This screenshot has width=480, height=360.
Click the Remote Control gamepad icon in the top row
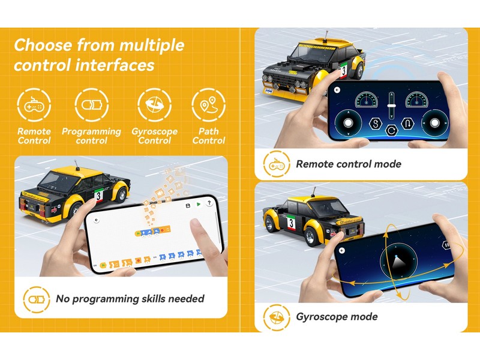point(34,105)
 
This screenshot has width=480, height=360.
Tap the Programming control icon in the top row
point(91,105)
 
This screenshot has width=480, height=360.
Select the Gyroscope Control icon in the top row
point(154,105)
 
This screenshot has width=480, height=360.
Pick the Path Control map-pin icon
point(208,105)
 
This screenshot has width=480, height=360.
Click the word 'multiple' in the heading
point(152,46)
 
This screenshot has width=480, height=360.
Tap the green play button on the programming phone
point(199,204)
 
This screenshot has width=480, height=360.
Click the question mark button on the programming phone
point(209,203)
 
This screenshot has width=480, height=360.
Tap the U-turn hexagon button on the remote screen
point(407,124)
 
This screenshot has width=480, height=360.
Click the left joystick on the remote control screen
point(348,123)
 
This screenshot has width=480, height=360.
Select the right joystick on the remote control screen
point(434,123)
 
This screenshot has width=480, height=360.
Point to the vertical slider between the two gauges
point(392,106)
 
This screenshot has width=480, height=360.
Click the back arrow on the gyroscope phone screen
point(341,251)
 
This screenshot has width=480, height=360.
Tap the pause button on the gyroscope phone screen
point(446,245)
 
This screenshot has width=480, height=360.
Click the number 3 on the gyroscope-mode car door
point(290,223)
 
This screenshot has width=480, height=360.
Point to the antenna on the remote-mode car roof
point(327,36)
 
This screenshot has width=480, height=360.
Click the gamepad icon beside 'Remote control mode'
point(277,164)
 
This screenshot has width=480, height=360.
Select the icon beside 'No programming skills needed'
point(37,299)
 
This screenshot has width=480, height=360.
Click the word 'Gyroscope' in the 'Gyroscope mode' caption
point(321,317)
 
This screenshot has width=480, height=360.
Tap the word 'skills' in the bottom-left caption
point(151,298)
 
